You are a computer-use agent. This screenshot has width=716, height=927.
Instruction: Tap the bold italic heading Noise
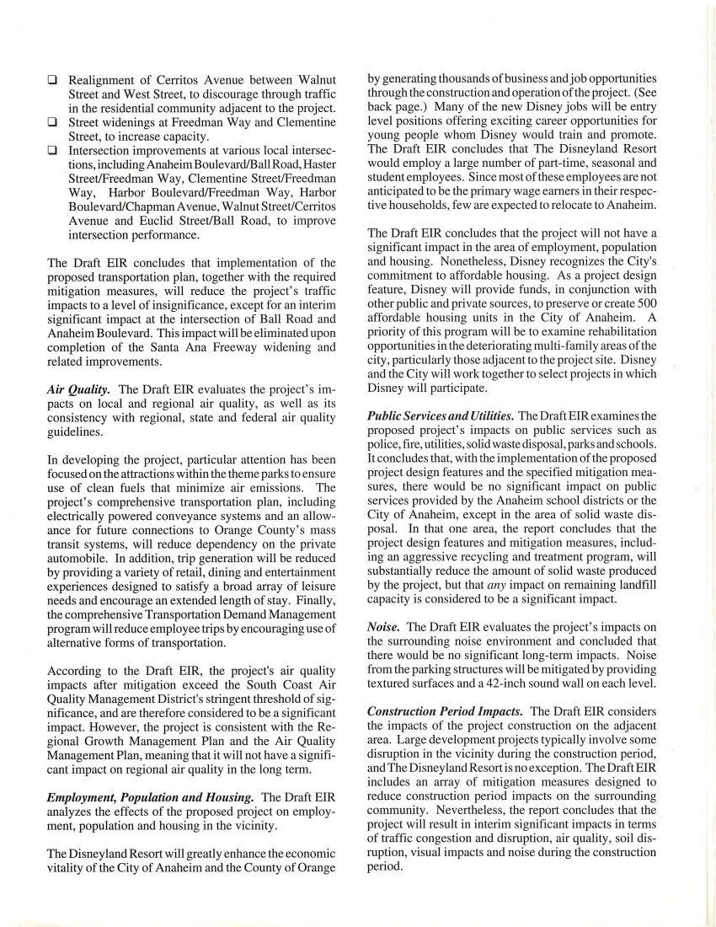click(384, 627)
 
